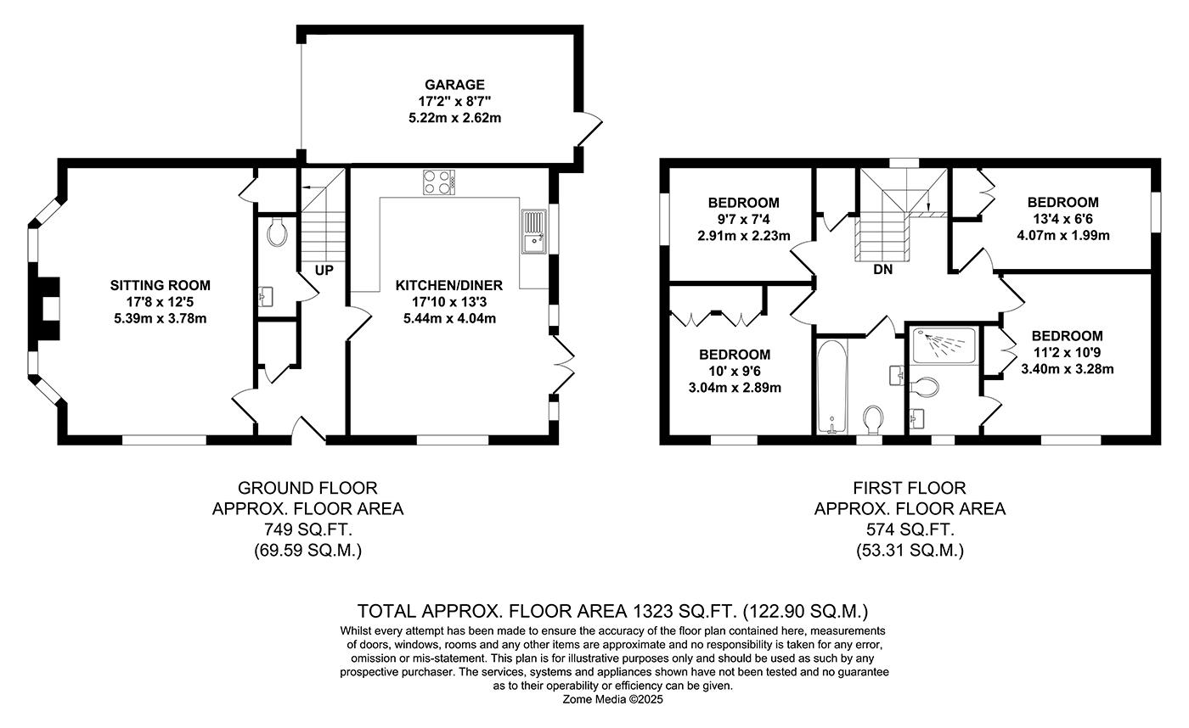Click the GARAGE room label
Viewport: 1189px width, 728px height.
454,85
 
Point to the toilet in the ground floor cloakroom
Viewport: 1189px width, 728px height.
277,232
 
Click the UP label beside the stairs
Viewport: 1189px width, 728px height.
324,271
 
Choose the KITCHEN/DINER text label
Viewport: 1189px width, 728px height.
449,286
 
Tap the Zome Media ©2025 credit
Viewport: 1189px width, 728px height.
612,700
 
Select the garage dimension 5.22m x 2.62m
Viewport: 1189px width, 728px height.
454,118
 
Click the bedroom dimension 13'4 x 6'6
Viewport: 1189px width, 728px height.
1062,219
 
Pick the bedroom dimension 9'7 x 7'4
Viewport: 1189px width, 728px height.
743,220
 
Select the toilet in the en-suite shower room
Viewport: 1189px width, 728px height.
924,386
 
